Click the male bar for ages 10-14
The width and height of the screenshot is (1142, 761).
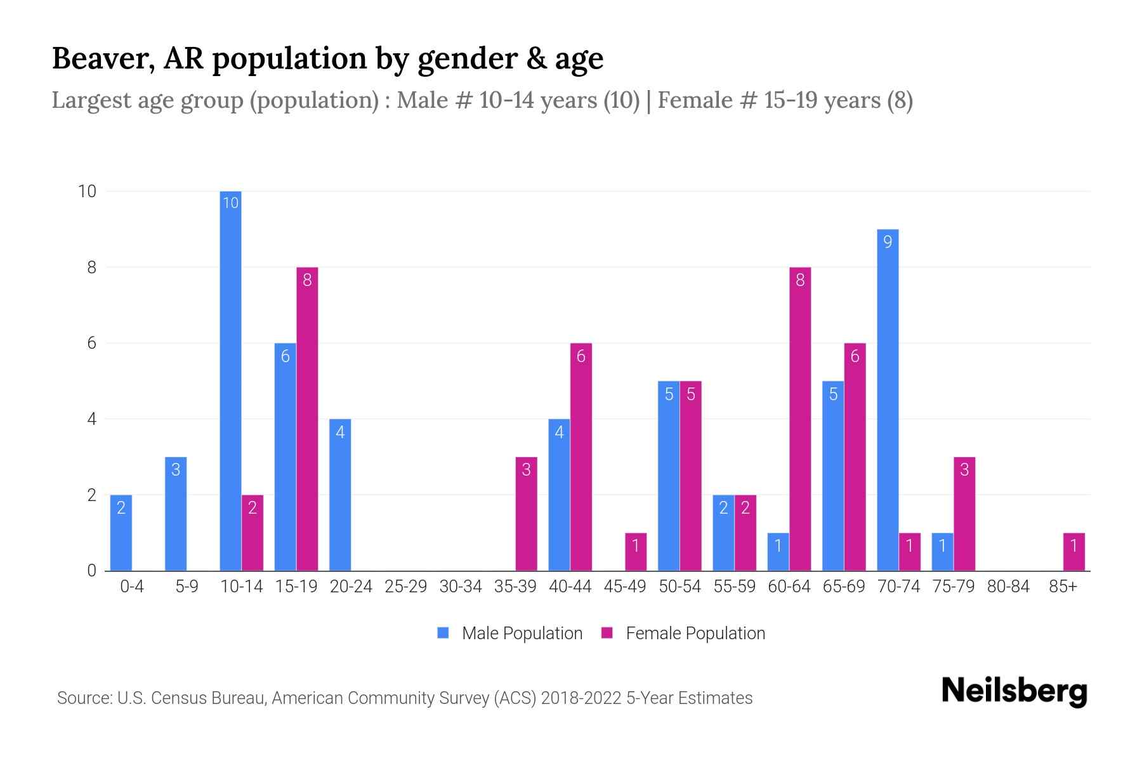coord(230,380)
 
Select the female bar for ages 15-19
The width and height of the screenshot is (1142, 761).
coord(307,419)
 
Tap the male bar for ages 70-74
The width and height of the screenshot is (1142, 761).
coord(888,400)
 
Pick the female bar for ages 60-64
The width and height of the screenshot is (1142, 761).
coord(800,419)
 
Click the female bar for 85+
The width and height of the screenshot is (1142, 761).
coord(1073,552)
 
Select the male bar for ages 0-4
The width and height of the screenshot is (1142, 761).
coord(121,533)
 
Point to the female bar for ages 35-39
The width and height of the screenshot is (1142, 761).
coord(526,514)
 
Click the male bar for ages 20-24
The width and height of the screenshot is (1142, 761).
coord(340,495)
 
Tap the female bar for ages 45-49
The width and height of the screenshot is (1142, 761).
coord(636,552)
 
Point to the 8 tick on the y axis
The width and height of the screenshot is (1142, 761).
coord(92,268)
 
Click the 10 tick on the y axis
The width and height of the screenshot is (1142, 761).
coord(87,192)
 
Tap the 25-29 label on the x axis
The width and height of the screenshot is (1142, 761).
coord(405,587)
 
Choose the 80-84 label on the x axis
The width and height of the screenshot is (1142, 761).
coord(1008,587)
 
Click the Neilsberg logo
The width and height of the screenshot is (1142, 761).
coord(1014,691)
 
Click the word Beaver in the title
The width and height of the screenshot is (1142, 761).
coord(100,58)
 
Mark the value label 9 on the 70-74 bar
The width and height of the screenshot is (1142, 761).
coord(888,242)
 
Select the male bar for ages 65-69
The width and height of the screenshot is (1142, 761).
coord(833,476)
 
